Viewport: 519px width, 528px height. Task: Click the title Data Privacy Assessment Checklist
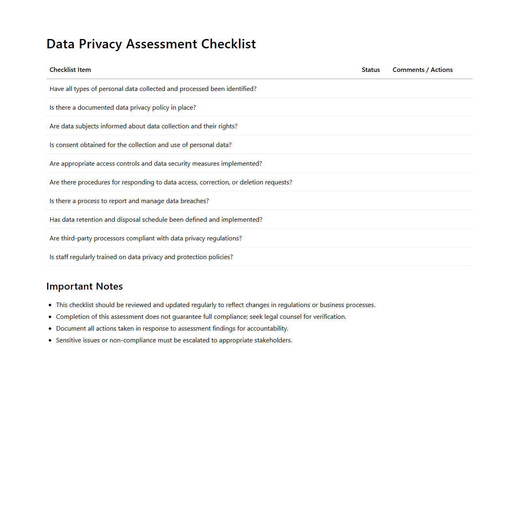click(x=151, y=44)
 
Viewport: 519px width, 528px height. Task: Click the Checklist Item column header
click(x=70, y=70)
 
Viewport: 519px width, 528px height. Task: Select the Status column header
click(x=371, y=70)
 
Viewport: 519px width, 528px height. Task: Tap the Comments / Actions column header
click(x=422, y=70)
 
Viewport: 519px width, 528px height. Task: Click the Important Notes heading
click(x=84, y=286)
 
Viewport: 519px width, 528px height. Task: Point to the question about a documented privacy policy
click(x=123, y=108)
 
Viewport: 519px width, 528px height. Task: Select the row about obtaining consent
click(x=141, y=145)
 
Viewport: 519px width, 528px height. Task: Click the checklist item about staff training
click(x=141, y=257)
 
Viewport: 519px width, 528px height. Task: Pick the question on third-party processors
click(x=145, y=238)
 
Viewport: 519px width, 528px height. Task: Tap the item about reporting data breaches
click(x=129, y=201)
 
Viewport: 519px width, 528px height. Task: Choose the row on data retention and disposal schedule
click(x=156, y=220)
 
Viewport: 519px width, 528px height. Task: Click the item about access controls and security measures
click(x=156, y=164)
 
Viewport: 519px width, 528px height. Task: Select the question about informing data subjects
click(x=143, y=126)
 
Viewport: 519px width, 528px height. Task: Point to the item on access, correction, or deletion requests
click(x=171, y=182)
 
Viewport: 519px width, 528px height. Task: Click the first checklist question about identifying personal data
click(x=153, y=89)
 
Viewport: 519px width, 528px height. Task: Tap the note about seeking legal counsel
click(x=201, y=317)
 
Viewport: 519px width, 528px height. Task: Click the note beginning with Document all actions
click(x=172, y=329)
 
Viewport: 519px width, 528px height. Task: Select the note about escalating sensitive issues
click(x=174, y=340)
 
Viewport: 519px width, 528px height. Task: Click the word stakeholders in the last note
click(x=272, y=340)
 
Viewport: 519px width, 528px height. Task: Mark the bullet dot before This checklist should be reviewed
click(x=50, y=305)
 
